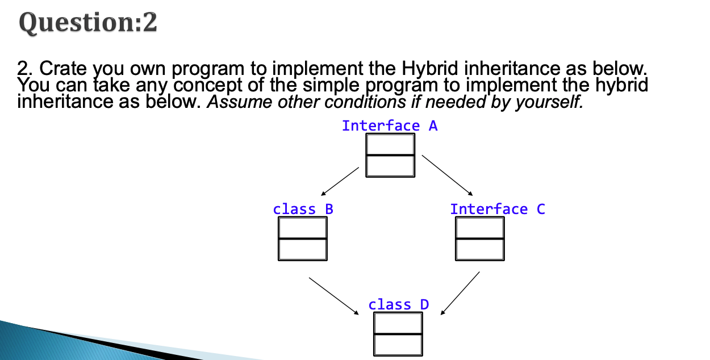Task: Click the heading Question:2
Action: coord(88,23)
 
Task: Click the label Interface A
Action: coord(390,125)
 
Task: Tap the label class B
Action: coord(303,209)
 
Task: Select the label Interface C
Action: coord(497,209)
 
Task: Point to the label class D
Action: coord(398,304)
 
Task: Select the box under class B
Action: coord(303,239)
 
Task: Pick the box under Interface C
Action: coord(479,239)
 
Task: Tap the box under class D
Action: coord(398,334)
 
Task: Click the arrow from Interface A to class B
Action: coord(340,181)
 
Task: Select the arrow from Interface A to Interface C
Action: coord(447,174)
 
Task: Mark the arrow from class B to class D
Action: coord(334,295)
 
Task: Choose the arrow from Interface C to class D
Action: coord(460,292)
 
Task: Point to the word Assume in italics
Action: coord(233,102)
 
